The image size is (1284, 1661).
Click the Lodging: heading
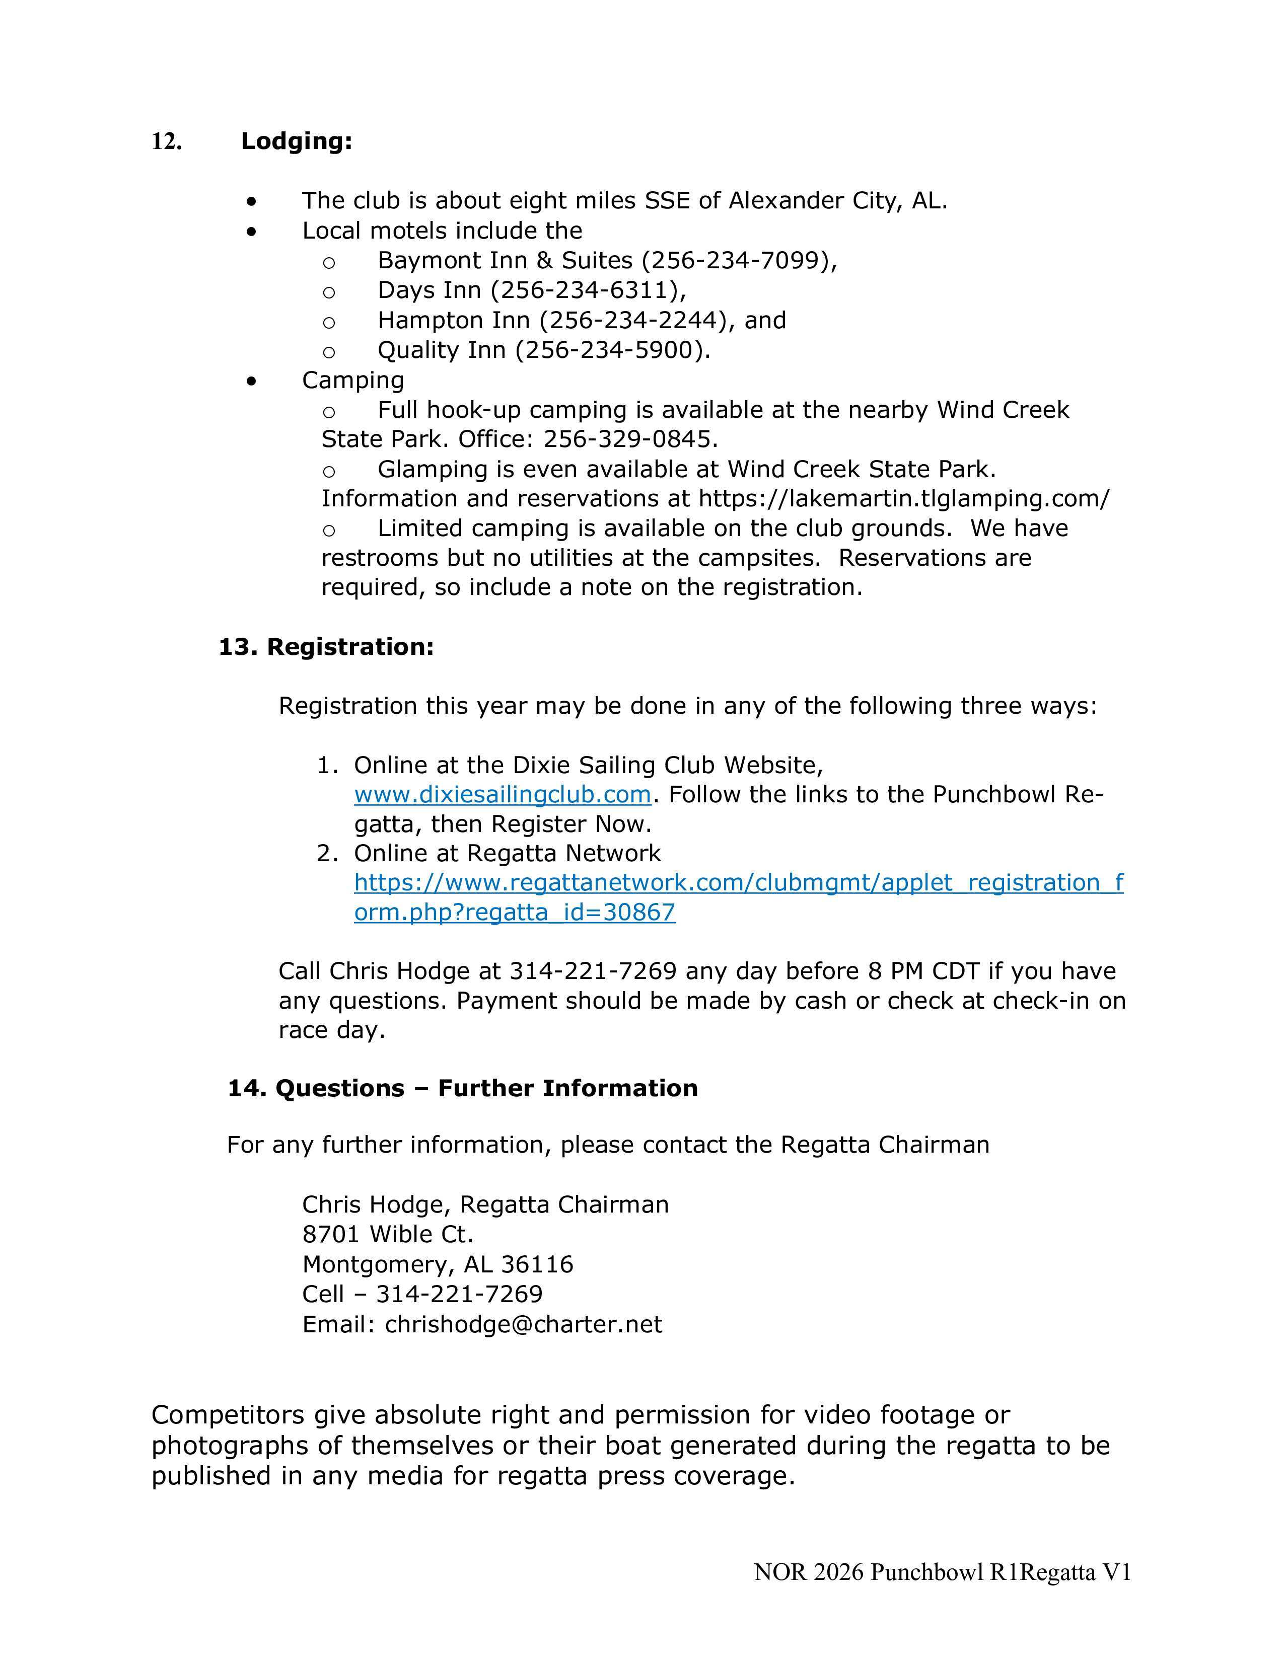pyautogui.click(x=297, y=141)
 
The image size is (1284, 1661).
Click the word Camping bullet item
pyautogui.click(x=353, y=380)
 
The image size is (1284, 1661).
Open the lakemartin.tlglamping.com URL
pyautogui.click(x=904, y=499)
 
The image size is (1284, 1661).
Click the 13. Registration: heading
pyautogui.click(x=326, y=647)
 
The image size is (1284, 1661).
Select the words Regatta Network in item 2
pyautogui.click(x=563, y=853)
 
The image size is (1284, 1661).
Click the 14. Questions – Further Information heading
pyautogui.click(x=462, y=1088)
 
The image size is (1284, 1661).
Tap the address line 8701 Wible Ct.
pyautogui.click(x=387, y=1234)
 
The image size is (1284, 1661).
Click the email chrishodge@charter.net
pyautogui.click(x=523, y=1324)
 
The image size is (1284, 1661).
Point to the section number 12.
pyautogui.click(x=167, y=141)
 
